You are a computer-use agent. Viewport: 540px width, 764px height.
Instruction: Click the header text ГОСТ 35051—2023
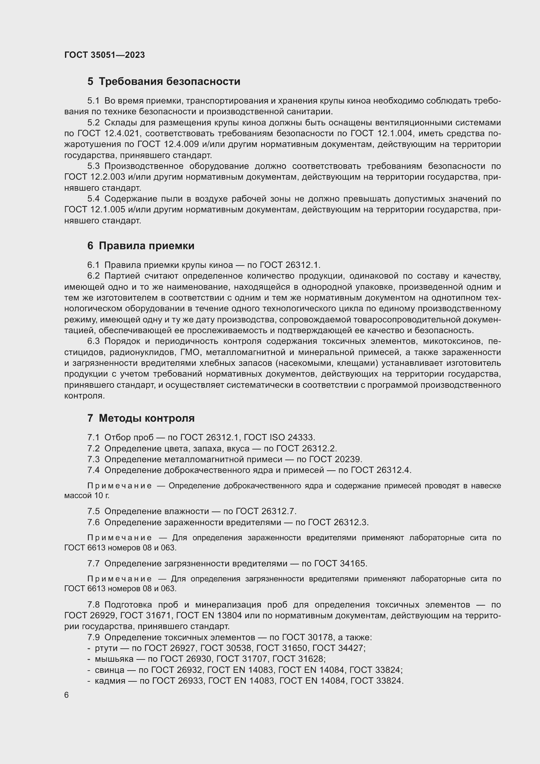(x=104, y=55)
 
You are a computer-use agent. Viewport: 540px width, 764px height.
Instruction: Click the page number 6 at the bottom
(x=67, y=695)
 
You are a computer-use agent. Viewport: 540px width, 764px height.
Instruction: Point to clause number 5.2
(x=93, y=123)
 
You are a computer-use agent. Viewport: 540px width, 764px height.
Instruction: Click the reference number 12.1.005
(x=108, y=210)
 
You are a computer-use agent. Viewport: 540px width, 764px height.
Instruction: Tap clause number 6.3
(x=93, y=341)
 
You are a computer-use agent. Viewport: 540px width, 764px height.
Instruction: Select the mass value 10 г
(x=102, y=496)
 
